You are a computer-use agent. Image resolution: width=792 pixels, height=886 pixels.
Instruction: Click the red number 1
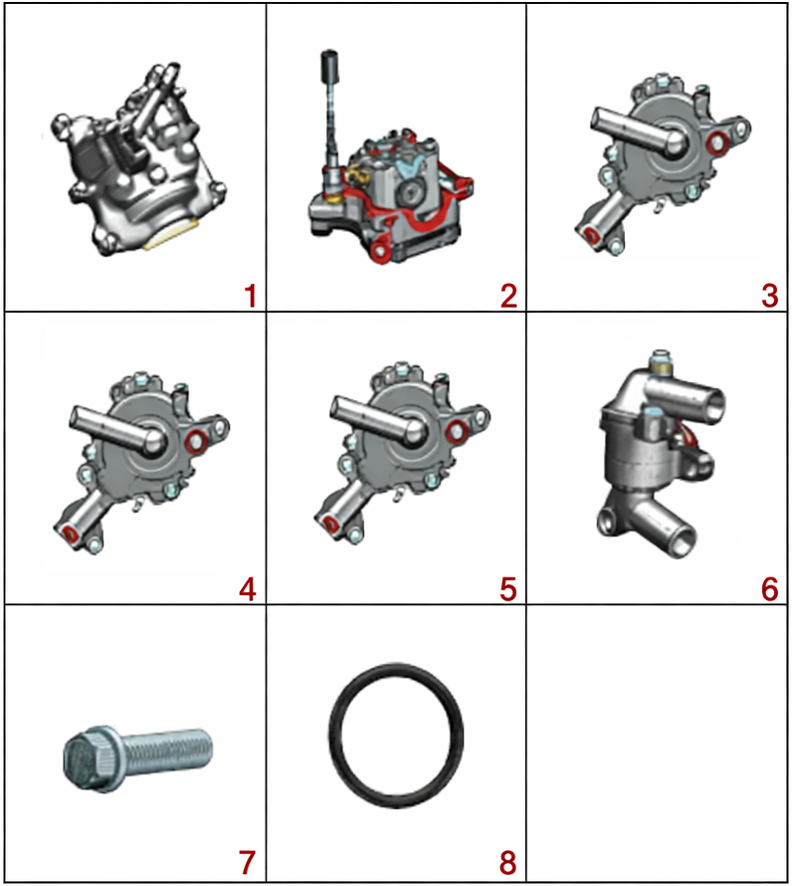[251, 296]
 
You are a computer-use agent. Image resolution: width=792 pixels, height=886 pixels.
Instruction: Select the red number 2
[508, 296]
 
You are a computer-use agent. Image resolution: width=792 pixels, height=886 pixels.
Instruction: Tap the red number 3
[769, 296]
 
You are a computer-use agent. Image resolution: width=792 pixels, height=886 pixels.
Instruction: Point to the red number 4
[248, 589]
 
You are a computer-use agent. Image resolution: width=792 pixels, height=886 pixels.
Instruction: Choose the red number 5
[508, 589]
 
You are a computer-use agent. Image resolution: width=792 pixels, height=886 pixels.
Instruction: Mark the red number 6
[769, 589]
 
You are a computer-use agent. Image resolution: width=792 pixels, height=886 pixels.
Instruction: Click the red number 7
[248, 862]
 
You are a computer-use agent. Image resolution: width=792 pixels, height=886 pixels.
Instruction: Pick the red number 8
[508, 862]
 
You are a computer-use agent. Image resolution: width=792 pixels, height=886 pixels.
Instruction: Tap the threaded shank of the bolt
[166, 751]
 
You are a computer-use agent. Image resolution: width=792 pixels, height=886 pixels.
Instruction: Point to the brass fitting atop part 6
[659, 361]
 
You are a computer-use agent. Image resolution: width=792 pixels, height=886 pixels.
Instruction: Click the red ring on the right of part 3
[717, 142]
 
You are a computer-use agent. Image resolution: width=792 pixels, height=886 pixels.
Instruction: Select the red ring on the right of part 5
[456, 432]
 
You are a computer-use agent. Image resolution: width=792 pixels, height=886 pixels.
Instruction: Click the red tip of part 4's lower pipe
[70, 533]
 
